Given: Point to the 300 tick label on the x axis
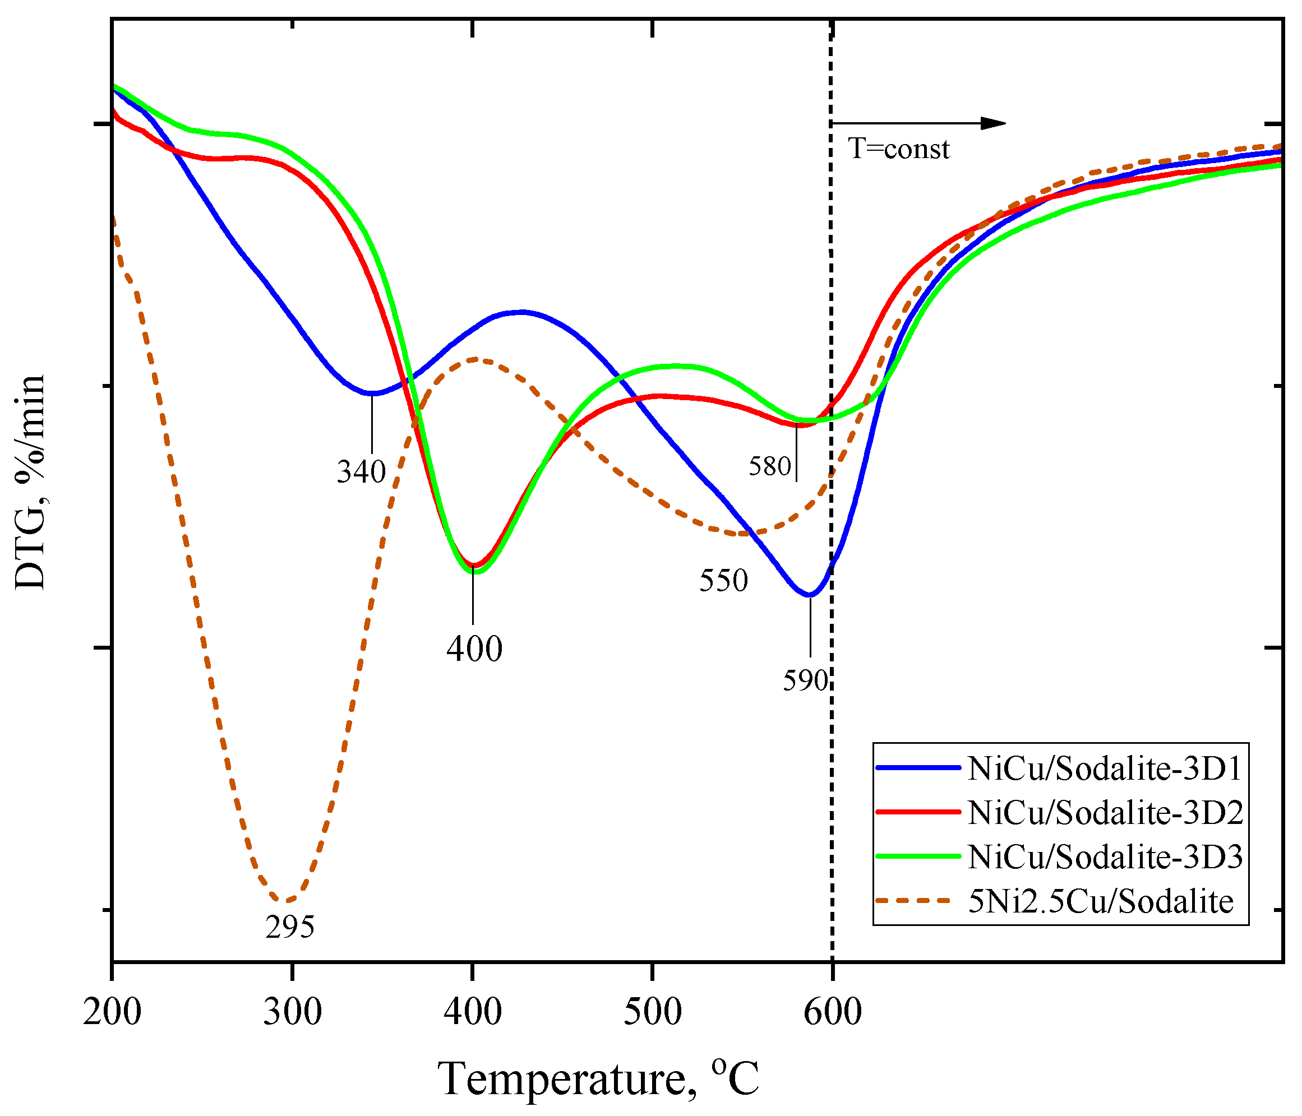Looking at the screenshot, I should click(292, 1012).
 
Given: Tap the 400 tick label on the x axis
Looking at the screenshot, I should click(473, 1012).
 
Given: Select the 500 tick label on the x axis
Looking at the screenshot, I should click(652, 1012).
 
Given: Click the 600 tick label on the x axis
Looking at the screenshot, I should click(833, 1012).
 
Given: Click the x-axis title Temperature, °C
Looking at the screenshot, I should click(598, 1079).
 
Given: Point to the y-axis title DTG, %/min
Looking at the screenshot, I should click(30, 482).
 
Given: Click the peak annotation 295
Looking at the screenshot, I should click(290, 927).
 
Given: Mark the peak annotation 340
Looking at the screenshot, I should click(361, 471).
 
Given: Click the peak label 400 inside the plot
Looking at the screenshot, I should click(474, 649).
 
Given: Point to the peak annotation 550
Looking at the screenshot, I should click(723, 580).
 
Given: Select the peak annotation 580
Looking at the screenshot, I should click(769, 466).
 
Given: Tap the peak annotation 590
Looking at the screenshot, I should click(805, 680).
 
